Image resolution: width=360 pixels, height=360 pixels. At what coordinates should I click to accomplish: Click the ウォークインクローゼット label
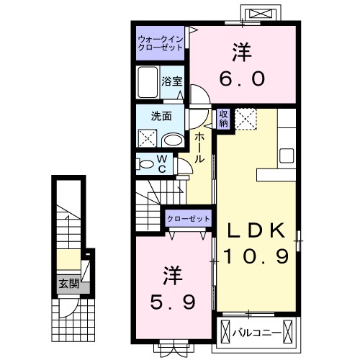[x=160, y=43]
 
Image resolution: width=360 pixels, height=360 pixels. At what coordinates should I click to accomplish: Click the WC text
[x=162, y=163]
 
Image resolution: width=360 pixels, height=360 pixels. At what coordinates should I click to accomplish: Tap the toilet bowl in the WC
[x=146, y=164]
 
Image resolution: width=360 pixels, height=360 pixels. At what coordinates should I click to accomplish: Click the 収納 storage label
[x=223, y=118]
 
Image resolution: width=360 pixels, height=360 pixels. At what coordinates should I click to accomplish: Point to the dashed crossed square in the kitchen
[x=246, y=118]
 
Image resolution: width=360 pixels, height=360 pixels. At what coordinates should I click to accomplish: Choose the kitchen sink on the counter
[x=286, y=155]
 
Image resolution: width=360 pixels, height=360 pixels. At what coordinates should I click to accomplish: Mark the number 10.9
[x=255, y=256]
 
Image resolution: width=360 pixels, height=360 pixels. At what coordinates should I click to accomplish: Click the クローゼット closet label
[x=189, y=218]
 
